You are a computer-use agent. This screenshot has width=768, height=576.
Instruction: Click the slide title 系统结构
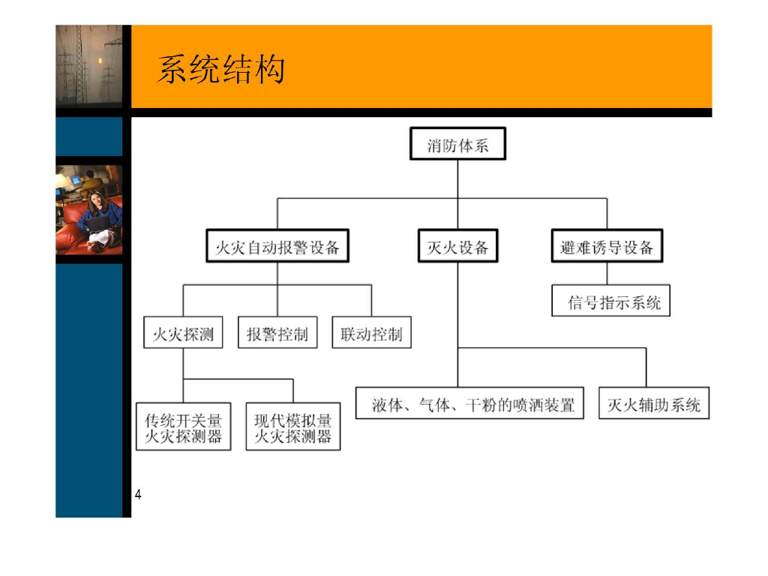point(220,71)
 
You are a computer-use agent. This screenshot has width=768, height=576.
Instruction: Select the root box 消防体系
point(457,144)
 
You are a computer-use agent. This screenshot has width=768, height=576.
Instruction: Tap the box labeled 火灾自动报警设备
point(277,247)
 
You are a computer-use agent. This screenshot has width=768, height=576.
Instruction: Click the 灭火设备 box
point(457,247)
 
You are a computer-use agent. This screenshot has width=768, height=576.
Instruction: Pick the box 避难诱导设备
point(607,247)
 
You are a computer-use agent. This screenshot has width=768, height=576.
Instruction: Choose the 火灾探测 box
point(183,334)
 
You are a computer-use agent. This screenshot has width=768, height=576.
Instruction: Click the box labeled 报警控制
point(277,334)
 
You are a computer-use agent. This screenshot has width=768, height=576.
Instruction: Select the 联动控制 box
point(371,334)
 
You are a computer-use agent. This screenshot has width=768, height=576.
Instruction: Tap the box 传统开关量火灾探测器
point(183,427)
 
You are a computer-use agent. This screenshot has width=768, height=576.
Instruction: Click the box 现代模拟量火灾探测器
point(292,427)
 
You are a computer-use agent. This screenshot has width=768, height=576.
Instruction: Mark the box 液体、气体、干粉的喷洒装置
point(469,405)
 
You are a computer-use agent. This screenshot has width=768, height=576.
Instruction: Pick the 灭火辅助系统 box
point(654,405)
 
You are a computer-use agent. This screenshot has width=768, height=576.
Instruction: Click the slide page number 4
point(138,494)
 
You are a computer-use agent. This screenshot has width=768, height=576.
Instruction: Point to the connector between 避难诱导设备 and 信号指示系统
point(607,273)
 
